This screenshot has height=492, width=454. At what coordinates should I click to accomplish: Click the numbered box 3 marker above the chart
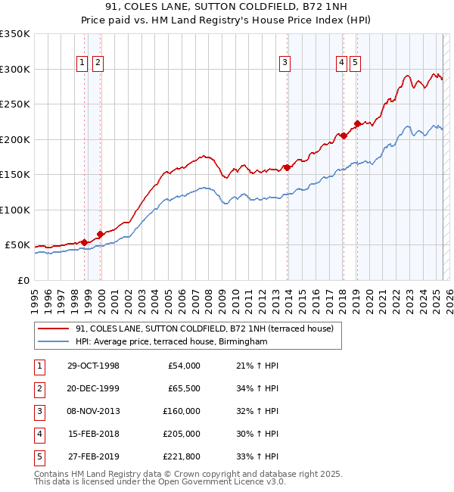(285, 63)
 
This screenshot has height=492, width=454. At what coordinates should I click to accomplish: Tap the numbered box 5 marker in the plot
(355, 63)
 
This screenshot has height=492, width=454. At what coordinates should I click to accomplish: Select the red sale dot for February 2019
(356, 124)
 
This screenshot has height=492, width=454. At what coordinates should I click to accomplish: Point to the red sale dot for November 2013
(287, 167)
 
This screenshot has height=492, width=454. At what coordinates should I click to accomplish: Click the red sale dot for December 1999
(100, 234)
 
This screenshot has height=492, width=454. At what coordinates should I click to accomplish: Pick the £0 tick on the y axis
(23, 280)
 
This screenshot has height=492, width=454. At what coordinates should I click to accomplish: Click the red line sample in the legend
(54, 329)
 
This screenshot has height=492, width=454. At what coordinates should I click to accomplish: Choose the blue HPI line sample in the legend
(54, 342)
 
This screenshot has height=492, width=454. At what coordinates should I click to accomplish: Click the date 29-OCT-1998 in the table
(94, 366)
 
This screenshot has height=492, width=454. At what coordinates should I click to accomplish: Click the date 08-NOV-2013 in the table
(94, 411)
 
